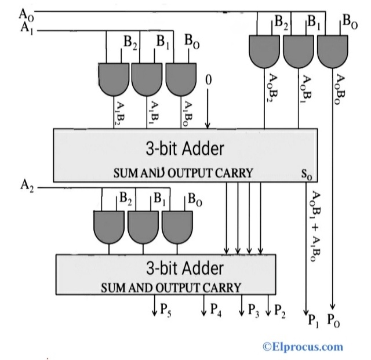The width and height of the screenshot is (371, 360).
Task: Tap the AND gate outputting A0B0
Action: tap(332, 50)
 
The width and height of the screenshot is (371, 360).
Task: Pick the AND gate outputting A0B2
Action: tap(264, 50)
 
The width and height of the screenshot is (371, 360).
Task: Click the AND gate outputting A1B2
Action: tap(114, 78)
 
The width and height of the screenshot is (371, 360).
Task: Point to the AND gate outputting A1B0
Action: tap(181, 78)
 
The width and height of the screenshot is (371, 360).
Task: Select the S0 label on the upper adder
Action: tap(305, 173)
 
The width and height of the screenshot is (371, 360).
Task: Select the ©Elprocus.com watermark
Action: tap(303, 347)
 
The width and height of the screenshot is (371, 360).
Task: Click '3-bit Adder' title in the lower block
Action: tap(184, 268)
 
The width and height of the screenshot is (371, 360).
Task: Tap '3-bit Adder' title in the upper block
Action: tap(184, 148)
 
